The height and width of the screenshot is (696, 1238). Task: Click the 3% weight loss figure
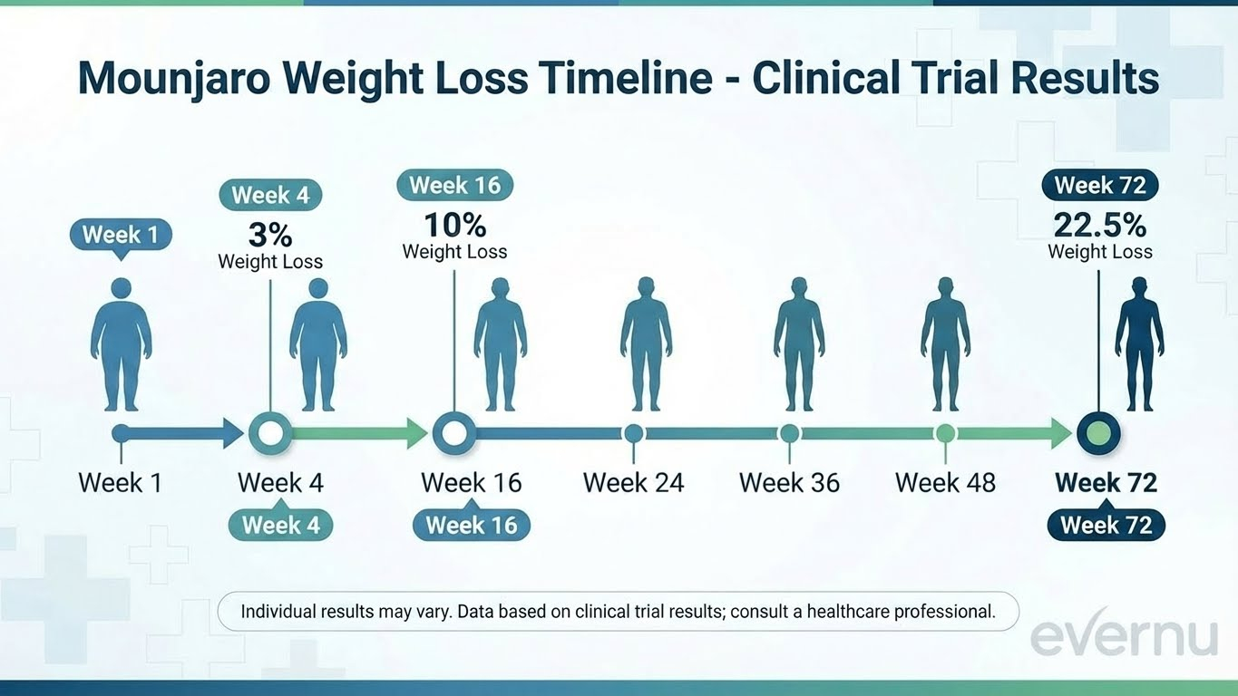point(270,235)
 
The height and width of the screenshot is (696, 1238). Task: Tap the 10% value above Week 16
point(454,225)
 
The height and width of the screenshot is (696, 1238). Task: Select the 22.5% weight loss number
point(1099,225)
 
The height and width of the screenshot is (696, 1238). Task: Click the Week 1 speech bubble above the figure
point(121,236)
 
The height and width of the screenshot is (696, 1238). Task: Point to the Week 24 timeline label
point(633,482)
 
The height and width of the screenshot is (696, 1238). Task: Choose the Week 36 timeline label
point(789,482)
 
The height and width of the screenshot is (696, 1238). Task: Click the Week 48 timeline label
point(945,482)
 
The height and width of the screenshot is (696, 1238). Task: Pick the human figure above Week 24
point(646,343)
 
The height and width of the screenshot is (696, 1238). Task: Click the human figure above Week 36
point(799,343)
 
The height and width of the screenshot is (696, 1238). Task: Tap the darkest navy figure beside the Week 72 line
point(1139,343)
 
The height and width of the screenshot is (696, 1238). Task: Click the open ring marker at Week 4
point(269,433)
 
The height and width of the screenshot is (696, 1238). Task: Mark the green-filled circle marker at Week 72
point(1098,433)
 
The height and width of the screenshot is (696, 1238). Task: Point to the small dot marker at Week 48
point(945,432)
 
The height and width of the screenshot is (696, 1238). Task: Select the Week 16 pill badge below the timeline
point(471,525)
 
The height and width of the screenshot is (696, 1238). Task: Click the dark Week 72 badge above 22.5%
point(1100,186)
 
